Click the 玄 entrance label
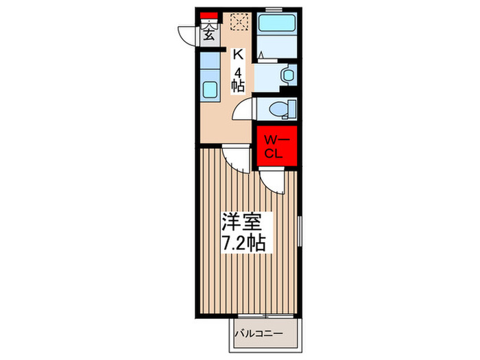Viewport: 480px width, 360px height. (x=208, y=35)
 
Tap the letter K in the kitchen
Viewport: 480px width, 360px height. (x=238, y=54)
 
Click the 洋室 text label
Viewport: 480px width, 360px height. (x=241, y=224)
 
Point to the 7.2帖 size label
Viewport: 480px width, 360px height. (x=243, y=243)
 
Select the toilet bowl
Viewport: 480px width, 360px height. (x=278, y=108)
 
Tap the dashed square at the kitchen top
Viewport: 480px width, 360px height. (x=239, y=21)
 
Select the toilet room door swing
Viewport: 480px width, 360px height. (x=243, y=110)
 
